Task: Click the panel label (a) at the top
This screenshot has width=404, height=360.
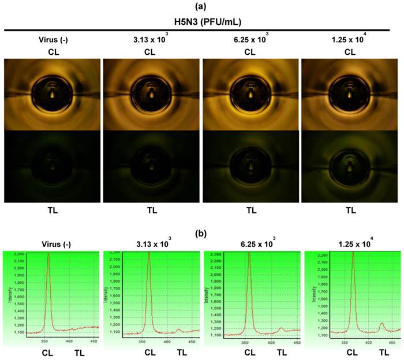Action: [201, 7]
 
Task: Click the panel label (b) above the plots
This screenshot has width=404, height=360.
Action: [201, 235]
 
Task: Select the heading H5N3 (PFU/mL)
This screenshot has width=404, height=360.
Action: [201, 21]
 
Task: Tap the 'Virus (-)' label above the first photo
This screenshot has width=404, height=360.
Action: [52, 40]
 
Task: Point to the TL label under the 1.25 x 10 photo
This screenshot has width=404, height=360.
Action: [350, 211]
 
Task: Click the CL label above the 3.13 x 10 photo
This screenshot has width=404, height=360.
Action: [151, 51]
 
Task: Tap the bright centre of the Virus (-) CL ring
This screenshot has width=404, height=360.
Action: [52, 92]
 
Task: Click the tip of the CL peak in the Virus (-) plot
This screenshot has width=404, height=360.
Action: [48, 254]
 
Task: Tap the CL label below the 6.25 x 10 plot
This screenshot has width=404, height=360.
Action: [249, 352]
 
